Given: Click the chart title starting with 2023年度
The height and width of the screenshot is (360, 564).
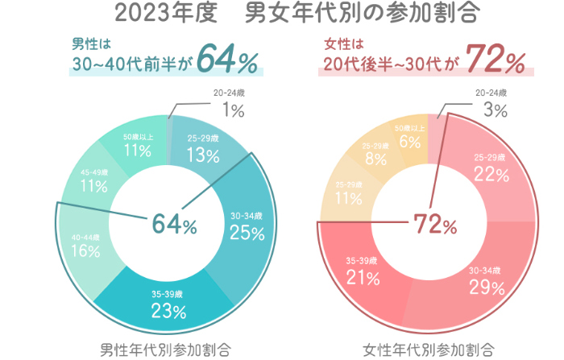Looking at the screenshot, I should (282, 14).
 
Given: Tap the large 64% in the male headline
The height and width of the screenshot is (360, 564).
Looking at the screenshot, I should (226, 60).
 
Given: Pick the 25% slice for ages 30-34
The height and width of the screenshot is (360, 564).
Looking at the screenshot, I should (247, 227).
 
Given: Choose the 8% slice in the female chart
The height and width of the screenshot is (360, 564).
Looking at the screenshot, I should (375, 155).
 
